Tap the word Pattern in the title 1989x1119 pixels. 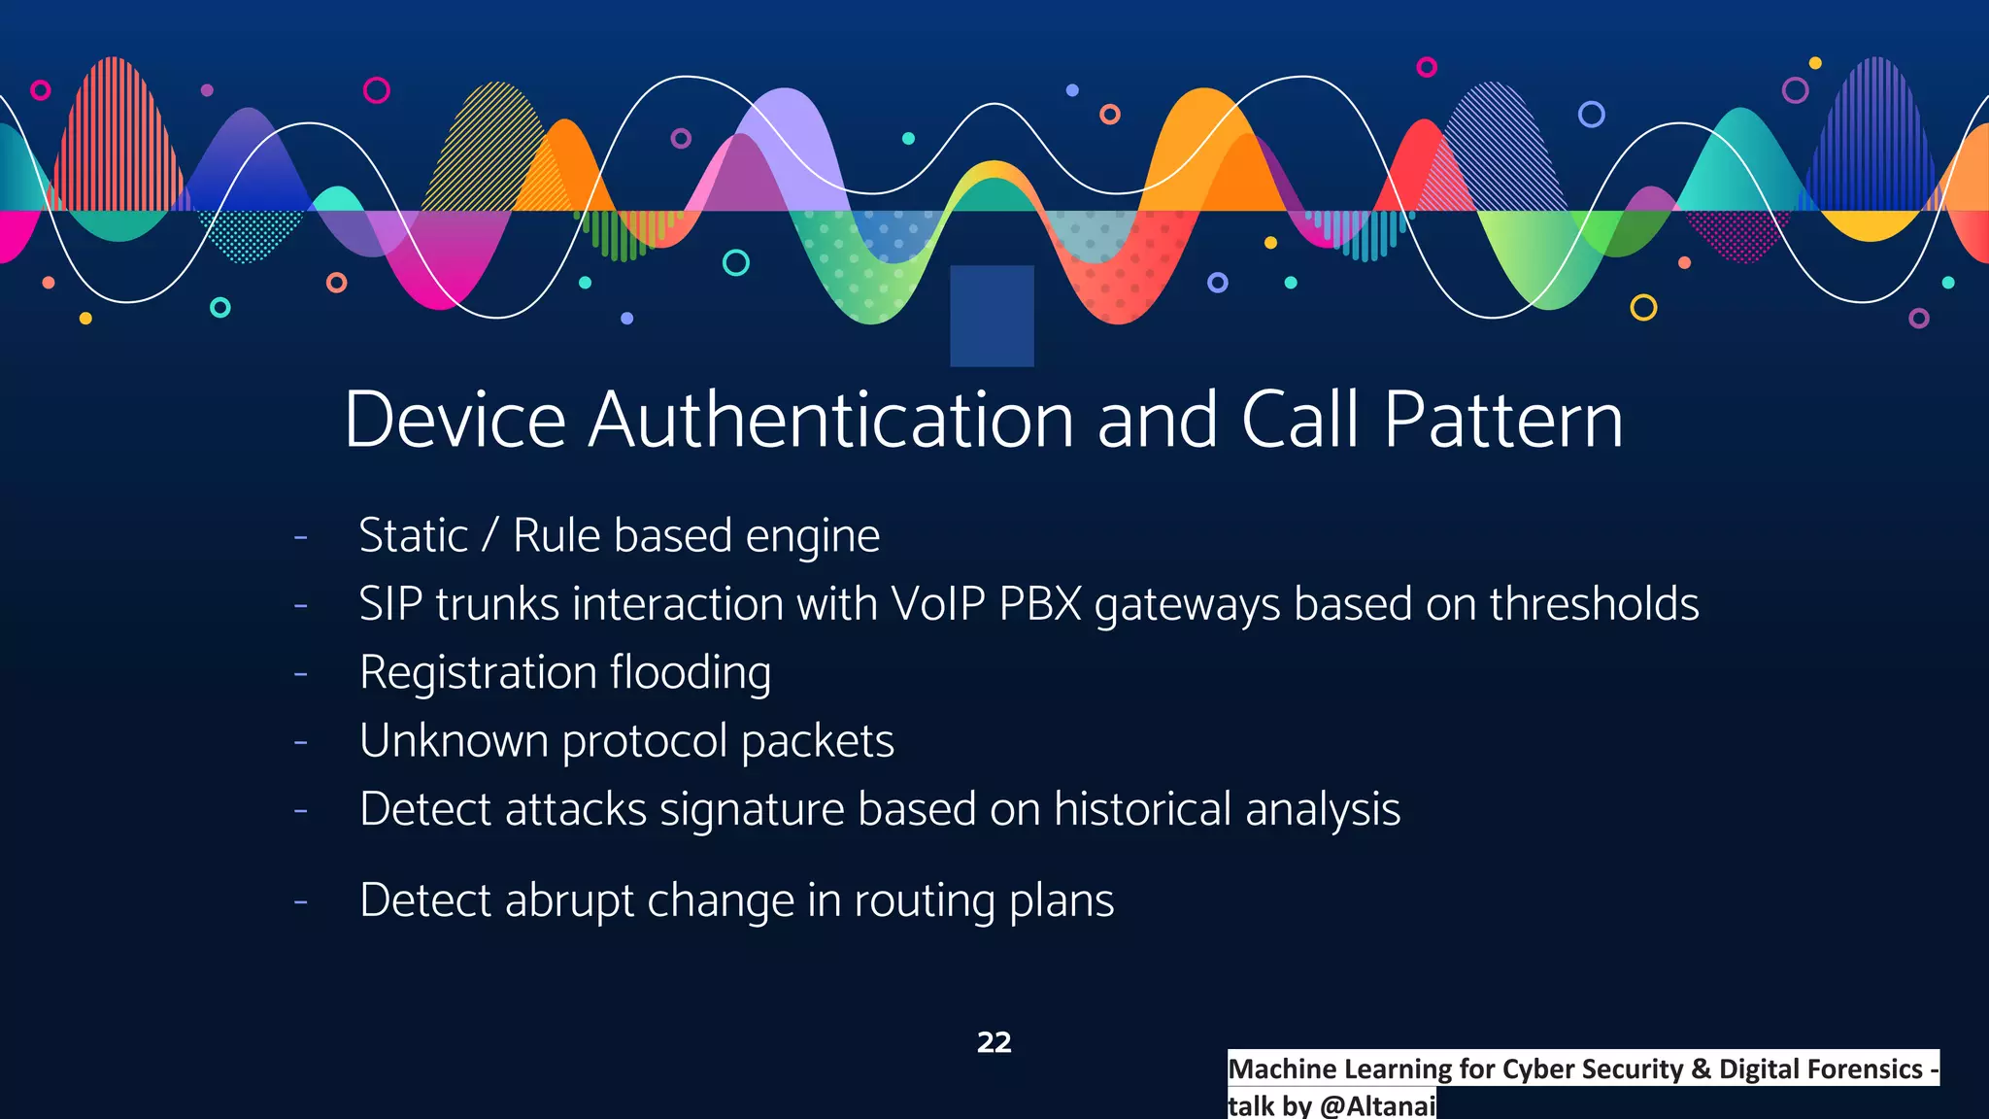point(1502,420)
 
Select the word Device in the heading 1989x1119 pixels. point(455,420)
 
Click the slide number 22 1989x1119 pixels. point(994,1042)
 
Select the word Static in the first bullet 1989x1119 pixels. point(414,536)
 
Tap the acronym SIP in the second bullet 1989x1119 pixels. point(390,604)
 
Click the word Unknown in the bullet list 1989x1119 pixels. point(454,741)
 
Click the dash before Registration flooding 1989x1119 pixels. point(301,673)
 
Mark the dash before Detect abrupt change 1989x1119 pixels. point(301,901)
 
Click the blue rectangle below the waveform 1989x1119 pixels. point(992,316)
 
